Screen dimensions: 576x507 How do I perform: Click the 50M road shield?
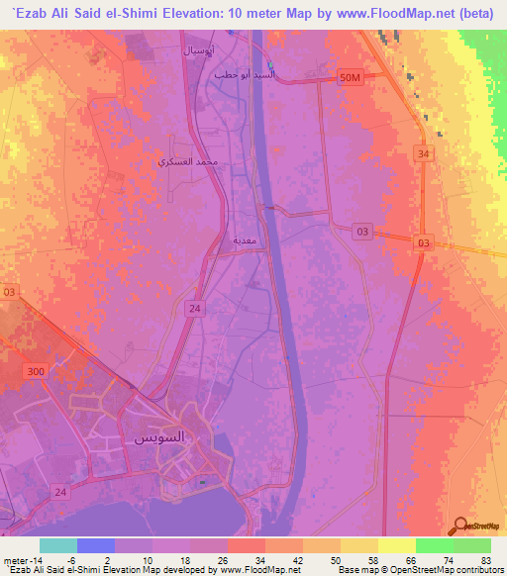tap(351, 77)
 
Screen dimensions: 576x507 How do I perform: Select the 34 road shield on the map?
tap(424, 153)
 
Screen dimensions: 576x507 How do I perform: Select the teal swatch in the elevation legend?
tap(58, 545)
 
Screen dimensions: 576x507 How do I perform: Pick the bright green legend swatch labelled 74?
tap(435, 545)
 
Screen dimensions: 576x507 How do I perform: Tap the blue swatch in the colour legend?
tap(96, 545)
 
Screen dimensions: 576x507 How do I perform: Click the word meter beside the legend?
tap(15, 559)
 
